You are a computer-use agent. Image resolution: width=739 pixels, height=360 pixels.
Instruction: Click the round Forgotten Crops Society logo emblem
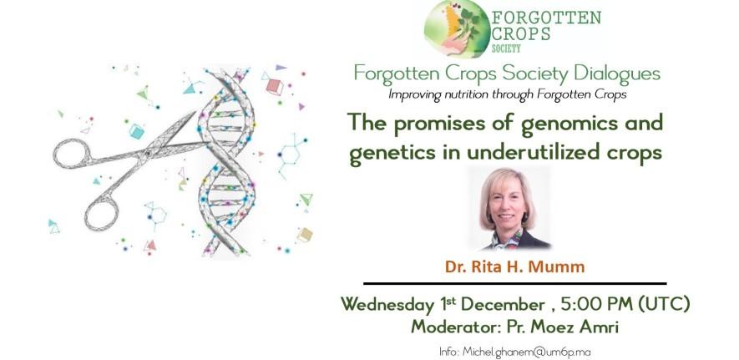click(456, 28)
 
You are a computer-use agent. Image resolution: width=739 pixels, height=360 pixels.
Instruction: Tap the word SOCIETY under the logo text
click(506, 48)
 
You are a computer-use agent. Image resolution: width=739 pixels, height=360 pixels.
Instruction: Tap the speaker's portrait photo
click(509, 208)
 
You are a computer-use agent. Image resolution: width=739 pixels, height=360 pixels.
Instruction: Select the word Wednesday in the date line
click(387, 304)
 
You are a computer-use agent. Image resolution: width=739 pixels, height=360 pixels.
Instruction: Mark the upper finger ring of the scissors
click(71, 153)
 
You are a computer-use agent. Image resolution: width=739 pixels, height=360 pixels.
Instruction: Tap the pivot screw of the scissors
click(147, 152)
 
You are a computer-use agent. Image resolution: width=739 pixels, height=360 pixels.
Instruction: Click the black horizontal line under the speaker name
click(515, 284)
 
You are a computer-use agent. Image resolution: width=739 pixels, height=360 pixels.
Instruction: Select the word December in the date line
click(503, 304)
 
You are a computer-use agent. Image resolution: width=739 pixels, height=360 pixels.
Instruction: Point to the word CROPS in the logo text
click(521, 34)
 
